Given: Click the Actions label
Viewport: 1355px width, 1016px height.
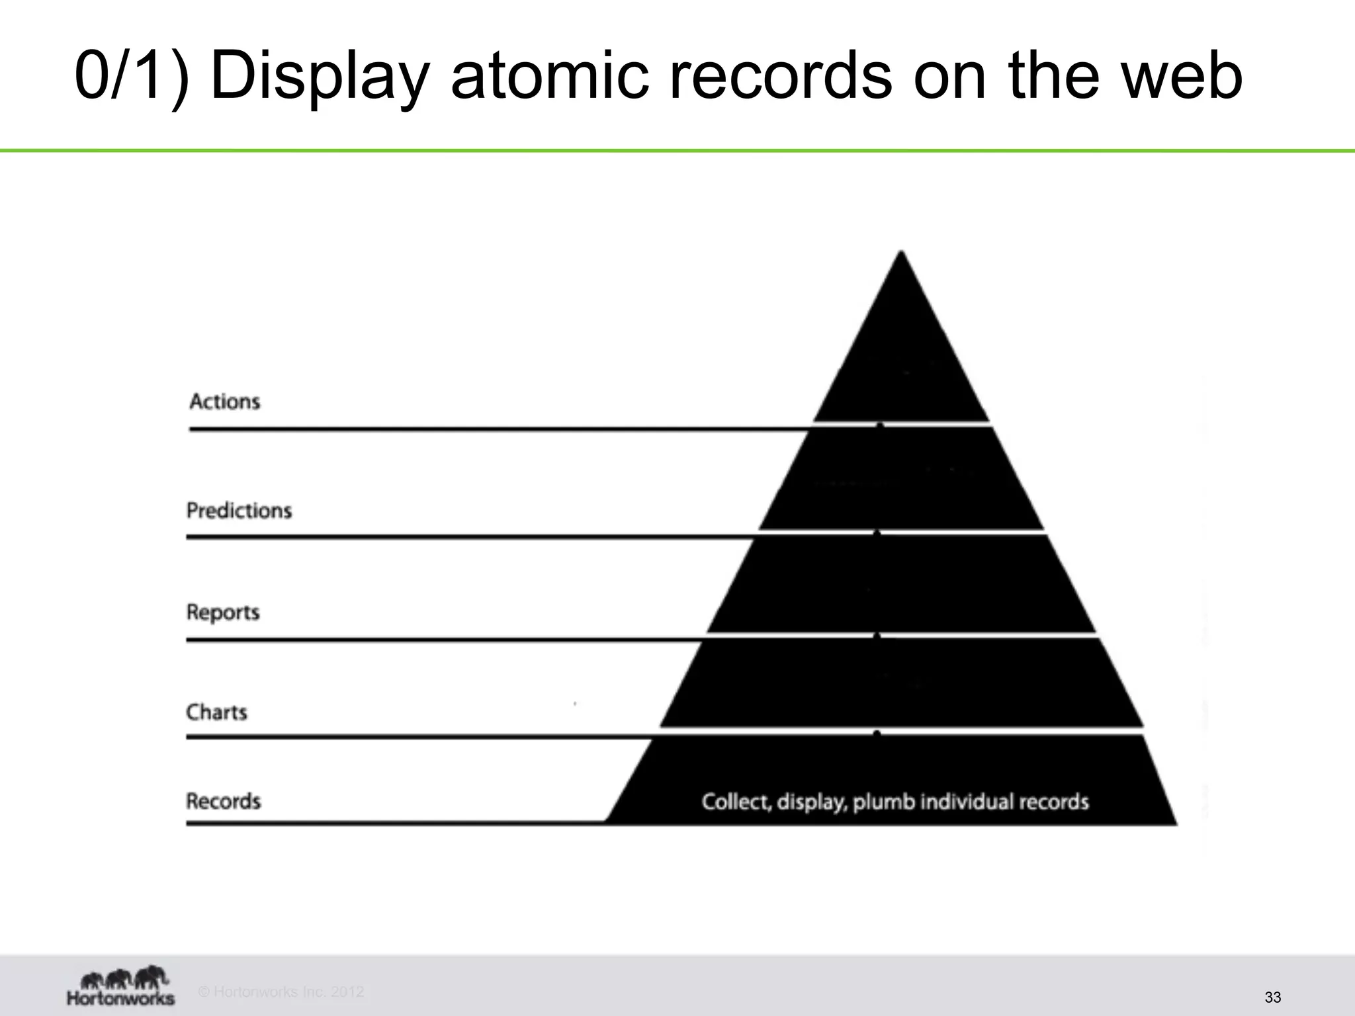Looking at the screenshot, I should pos(224,402).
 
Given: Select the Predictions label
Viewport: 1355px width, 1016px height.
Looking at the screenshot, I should pos(239,511).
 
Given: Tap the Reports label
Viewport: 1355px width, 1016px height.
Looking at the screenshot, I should pos(223,613).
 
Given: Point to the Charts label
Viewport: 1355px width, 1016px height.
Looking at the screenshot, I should pos(216,712).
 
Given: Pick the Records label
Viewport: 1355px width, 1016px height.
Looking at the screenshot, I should pos(224,801).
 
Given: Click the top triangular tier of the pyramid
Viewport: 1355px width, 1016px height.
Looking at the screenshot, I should pos(901,357).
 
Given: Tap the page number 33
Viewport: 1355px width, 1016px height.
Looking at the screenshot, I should pos(1272,997).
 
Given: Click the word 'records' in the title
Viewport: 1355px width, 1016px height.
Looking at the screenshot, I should pos(781,76).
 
